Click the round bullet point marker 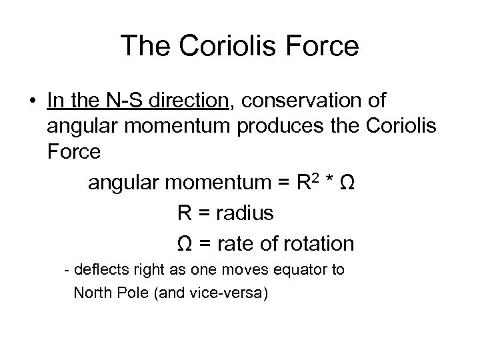pyautogui.click(x=32, y=101)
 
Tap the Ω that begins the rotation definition pyautogui.click(x=186, y=243)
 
